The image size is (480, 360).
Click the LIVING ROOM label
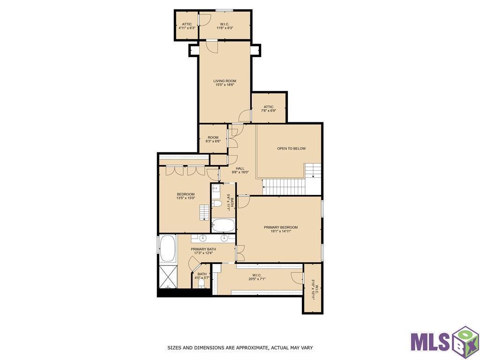[225, 81]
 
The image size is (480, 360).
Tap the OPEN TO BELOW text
[292, 149]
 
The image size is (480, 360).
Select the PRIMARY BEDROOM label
[281, 227]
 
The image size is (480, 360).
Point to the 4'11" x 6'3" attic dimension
[187, 28]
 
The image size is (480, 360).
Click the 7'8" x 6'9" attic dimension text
[269, 111]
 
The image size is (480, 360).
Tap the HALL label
[240, 168]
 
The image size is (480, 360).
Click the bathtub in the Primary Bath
[167, 248]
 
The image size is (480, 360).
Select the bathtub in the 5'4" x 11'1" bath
[223, 225]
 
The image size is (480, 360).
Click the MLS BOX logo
[444, 343]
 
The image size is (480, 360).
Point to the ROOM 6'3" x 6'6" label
[213, 139]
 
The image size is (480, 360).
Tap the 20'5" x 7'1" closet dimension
[257, 279]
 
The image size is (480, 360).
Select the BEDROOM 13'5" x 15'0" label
[186, 196]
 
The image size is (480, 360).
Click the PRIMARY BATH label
[203, 249]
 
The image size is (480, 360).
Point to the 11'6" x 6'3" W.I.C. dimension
[225, 28]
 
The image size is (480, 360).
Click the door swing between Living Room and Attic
[245, 115]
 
